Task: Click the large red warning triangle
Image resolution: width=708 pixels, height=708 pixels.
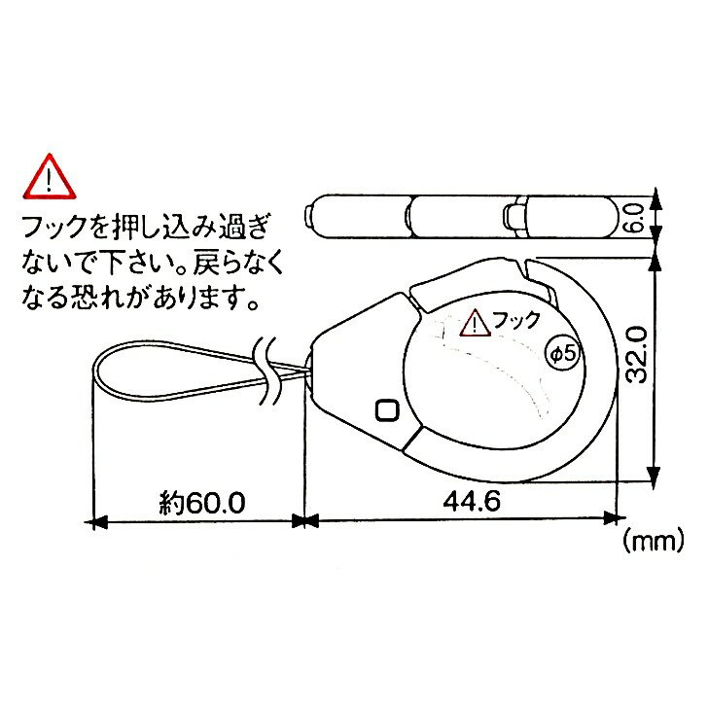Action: [50, 178]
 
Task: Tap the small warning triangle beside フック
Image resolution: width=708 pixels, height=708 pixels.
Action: [475, 323]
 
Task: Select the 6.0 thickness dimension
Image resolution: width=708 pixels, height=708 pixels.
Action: [635, 218]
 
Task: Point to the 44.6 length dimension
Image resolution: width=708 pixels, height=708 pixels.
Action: [472, 501]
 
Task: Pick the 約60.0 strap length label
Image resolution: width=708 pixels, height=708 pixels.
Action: [202, 503]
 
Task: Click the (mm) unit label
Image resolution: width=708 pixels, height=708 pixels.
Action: [653, 541]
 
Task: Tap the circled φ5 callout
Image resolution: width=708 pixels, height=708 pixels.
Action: [564, 353]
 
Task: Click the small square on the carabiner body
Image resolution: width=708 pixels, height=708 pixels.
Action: [387, 410]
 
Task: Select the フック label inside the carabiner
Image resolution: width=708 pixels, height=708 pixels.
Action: [515, 320]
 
